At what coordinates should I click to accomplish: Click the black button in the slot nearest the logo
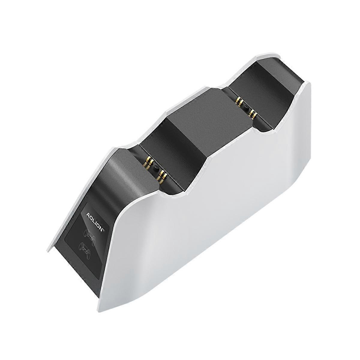pyautogui.click(x=155, y=169)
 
